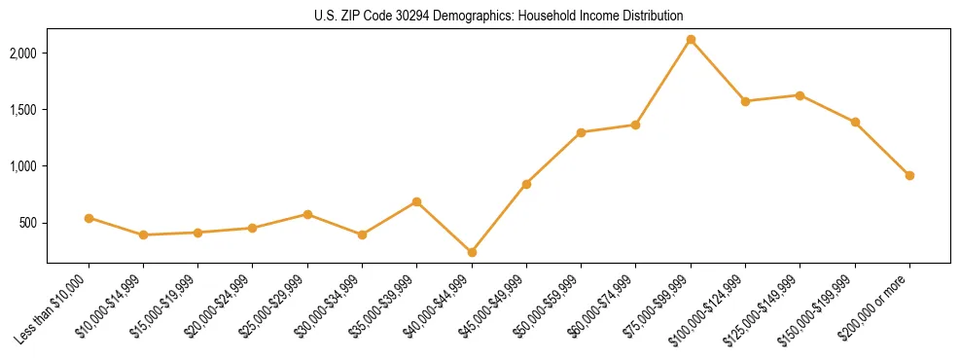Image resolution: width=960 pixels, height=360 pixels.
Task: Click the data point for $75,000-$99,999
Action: coord(691,40)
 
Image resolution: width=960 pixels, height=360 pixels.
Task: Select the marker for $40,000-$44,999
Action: coord(472,252)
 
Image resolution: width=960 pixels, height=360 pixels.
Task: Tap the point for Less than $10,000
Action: coord(89,218)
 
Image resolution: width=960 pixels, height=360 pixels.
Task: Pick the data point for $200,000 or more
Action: coord(909,175)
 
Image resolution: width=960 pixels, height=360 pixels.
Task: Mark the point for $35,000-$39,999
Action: coord(416,201)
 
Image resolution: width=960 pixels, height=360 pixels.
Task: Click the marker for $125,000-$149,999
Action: coord(800,95)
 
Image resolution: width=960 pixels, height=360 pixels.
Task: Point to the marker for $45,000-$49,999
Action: coord(526,184)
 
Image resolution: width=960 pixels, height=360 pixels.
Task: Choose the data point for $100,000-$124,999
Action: coord(745,101)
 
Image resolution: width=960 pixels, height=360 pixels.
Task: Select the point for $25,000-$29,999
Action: coord(307,214)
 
